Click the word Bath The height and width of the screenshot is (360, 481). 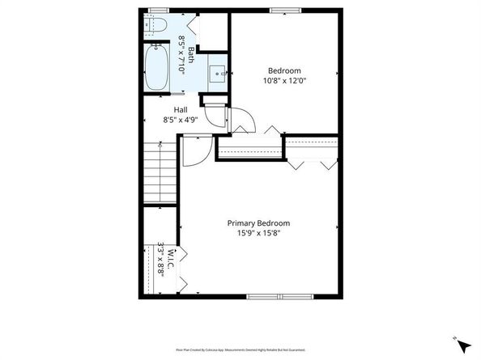coord(191,54)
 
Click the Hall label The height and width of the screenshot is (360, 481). coord(181,110)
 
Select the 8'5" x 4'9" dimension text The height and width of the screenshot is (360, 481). coord(181,121)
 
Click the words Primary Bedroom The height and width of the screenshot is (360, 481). coord(258,223)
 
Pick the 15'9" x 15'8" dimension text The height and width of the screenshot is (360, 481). coord(258,234)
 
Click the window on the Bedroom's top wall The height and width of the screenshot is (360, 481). coord(282,10)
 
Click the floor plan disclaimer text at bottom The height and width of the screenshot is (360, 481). coord(240,349)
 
